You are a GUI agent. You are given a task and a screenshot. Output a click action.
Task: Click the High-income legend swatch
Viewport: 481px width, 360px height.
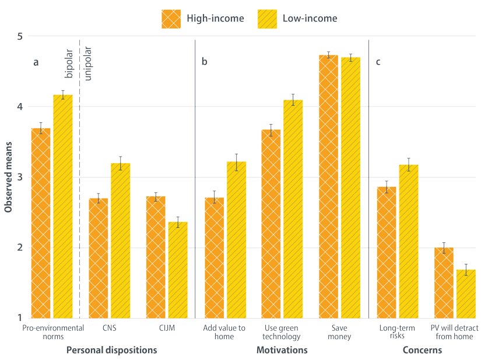coord(171,18)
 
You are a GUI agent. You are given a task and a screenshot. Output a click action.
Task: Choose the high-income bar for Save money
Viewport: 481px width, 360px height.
coord(328,186)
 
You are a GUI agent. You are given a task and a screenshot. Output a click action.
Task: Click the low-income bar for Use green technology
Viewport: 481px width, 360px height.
coord(293,209)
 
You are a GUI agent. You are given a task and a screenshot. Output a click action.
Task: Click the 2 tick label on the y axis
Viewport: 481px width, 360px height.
coord(19,248)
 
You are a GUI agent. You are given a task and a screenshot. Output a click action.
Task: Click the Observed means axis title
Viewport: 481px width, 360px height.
coord(8,177)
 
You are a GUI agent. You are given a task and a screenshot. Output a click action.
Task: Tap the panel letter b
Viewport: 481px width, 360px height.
coord(204,62)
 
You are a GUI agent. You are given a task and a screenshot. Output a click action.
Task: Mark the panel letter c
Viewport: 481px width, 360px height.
coord(378,62)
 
